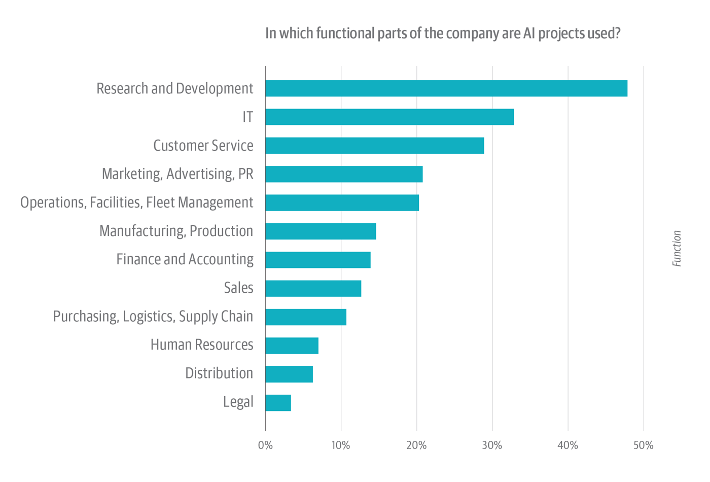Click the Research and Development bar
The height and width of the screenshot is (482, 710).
(x=446, y=88)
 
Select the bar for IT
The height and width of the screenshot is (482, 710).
(x=389, y=117)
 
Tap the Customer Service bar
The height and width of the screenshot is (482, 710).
(x=374, y=146)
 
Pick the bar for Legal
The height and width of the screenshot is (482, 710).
(x=278, y=403)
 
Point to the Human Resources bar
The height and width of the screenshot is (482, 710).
(x=292, y=346)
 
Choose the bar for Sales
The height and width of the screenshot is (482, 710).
(x=313, y=288)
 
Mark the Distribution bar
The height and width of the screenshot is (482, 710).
(x=289, y=374)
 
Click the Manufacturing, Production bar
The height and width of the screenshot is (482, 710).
(x=321, y=231)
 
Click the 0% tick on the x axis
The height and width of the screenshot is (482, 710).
(x=265, y=445)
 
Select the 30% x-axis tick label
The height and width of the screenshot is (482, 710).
(x=492, y=445)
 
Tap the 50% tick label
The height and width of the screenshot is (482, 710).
(x=643, y=445)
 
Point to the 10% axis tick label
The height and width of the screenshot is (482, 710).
(x=341, y=445)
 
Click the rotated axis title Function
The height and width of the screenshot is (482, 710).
(x=677, y=249)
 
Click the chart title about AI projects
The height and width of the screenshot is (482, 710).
(x=443, y=33)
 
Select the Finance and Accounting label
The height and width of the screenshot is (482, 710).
(x=185, y=259)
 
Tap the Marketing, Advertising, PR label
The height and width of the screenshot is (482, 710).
(x=177, y=174)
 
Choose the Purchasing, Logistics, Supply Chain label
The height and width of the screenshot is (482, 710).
(x=153, y=317)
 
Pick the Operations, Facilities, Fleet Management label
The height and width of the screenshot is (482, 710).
(x=136, y=202)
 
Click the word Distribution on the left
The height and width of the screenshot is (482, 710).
(x=219, y=373)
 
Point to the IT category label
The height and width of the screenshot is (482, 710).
(x=247, y=117)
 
